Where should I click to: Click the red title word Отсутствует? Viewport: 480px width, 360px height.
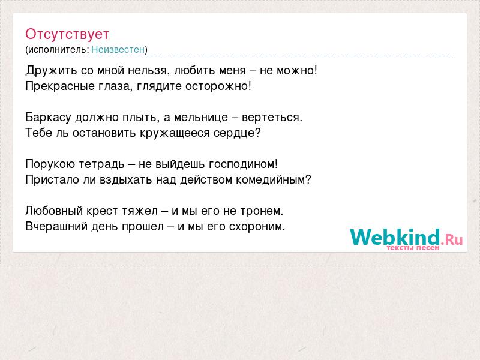click(x=67, y=34)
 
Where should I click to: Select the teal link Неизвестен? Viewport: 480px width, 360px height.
click(x=118, y=49)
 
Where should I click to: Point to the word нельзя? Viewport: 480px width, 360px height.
click(x=148, y=71)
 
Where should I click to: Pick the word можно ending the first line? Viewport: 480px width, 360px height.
click(x=295, y=71)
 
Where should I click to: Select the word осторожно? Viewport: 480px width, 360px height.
click(x=217, y=86)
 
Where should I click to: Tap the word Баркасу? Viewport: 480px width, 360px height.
click(x=48, y=118)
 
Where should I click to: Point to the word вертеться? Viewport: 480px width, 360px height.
click(x=270, y=118)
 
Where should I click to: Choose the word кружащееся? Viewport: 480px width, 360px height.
click(x=175, y=133)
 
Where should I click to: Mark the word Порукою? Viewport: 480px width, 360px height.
click(x=50, y=164)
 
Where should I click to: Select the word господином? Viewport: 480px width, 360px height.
click(x=241, y=164)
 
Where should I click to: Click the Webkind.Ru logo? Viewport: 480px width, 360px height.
click(x=406, y=239)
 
